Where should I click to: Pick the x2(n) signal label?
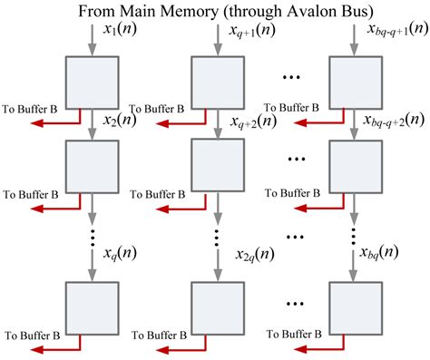(x=120, y=120)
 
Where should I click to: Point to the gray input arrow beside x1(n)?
(x=90, y=38)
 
